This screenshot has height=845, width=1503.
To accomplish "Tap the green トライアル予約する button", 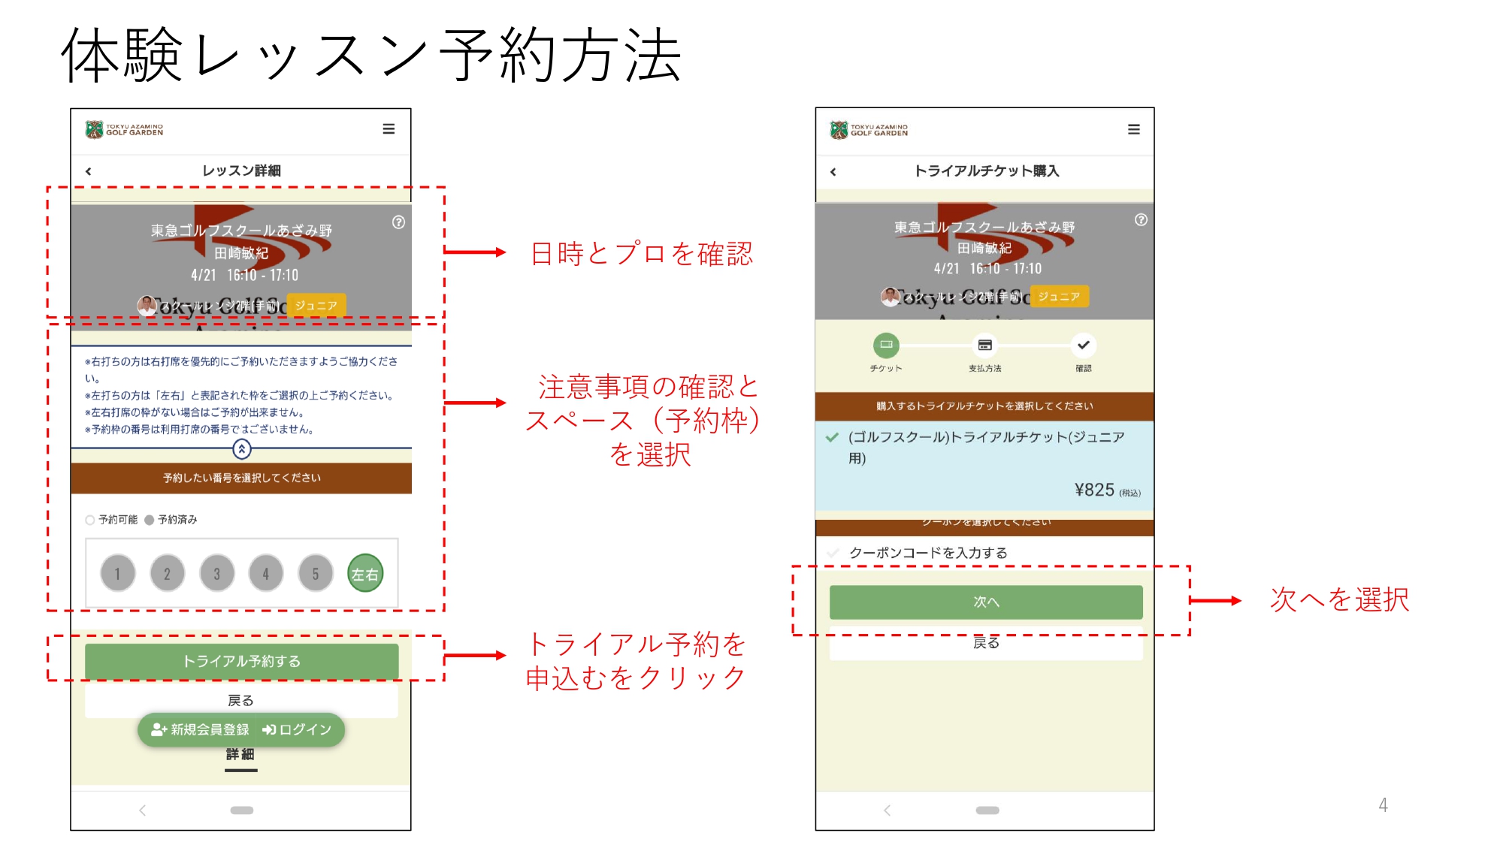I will click(x=241, y=661).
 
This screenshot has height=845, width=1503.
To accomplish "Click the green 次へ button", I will click(x=986, y=602).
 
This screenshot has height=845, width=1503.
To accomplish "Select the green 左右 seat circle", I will click(x=365, y=574).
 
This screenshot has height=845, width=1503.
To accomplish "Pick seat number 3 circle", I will click(x=217, y=574).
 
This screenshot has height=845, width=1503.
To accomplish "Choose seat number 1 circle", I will click(x=118, y=574).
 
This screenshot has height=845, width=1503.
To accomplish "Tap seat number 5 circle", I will click(x=316, y=574).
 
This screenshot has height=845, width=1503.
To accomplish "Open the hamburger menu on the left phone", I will click(x=389, y=129).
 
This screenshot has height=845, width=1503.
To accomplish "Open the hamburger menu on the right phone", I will click(x=1134, y=130).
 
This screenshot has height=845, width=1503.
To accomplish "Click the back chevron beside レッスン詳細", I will click(x=89, y=171).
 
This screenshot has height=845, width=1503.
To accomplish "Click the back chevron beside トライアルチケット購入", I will click(x=833, y=172).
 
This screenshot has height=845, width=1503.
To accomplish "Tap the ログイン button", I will click(x=298, y=729).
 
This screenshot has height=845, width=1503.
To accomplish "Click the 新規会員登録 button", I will click(x=201, y=729).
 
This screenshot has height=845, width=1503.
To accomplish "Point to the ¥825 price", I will click(x=1095, y=490).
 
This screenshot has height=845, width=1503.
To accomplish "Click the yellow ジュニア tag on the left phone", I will click(x=316, y=306).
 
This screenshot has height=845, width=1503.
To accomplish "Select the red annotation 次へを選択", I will click(x=1339, y=599).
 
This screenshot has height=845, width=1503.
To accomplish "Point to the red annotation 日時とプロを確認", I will click(x=641, y=254).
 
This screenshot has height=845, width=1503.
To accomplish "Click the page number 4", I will click(x=1383, y=805).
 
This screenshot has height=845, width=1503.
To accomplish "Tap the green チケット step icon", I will click(x=886, y=346).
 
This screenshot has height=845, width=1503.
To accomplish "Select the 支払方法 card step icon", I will click(x=984, y=346).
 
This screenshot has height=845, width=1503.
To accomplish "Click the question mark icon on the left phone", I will click(x=399, y=222).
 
